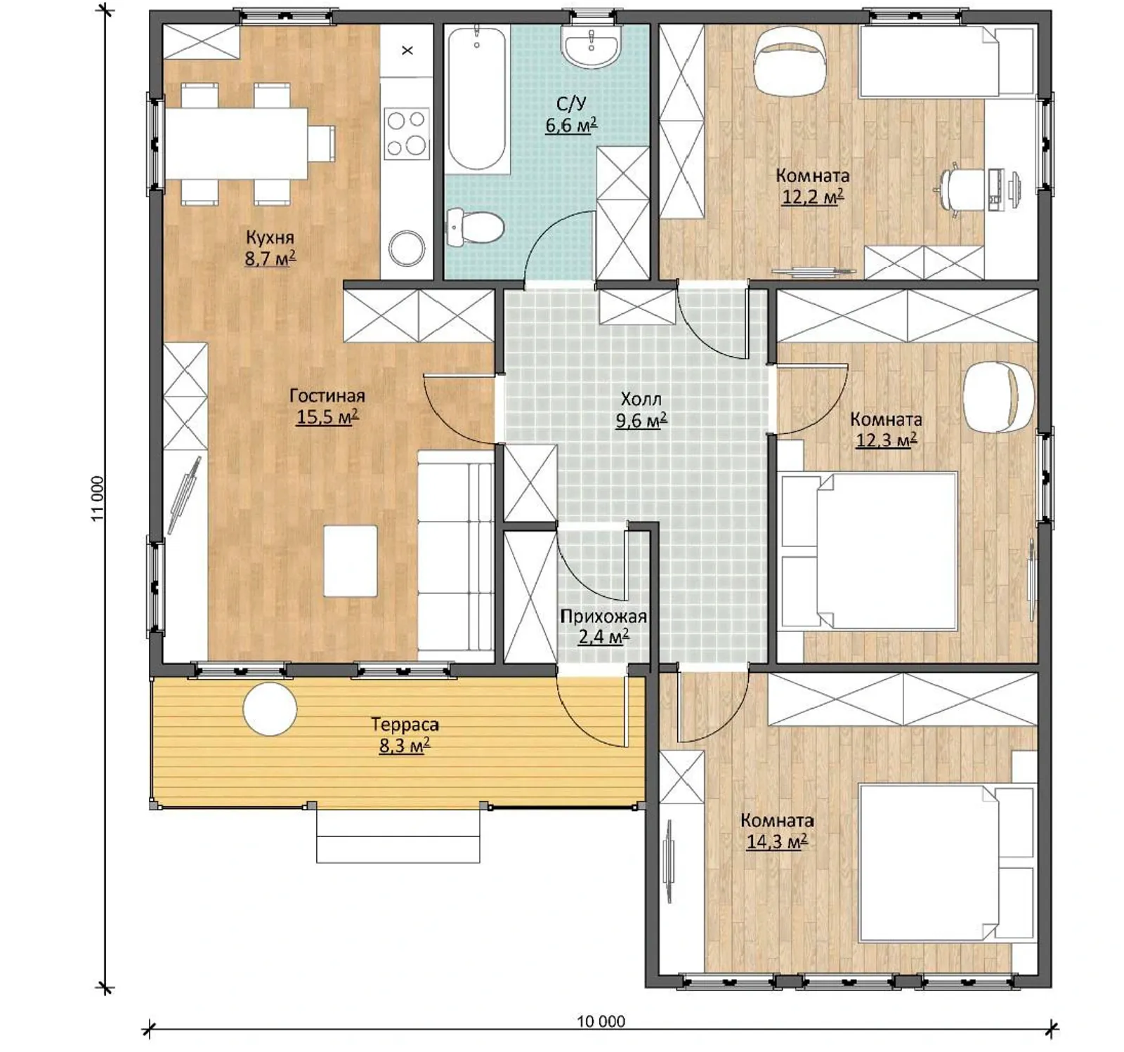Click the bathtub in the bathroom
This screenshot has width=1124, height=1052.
pyautogui.click(x=476, y=98)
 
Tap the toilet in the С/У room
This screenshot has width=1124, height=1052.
pyautogui.click(x=476, y=227)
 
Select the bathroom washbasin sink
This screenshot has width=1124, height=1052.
pyautogui.click(x=591, y=46)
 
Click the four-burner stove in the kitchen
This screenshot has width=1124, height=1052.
pyautogui.click(x=407, y=133)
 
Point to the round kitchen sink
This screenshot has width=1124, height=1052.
pyautogui.click(x=407, y=248)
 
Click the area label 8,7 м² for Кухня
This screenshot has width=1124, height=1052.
pyautogui.click(x=270, y=258)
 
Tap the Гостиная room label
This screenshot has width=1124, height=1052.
pyautogui.click(x=327, y=395)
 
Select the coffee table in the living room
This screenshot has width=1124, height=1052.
pyautogui.click(x=350, y=561)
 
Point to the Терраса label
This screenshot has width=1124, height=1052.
pyautogui.click(x=405, y=724)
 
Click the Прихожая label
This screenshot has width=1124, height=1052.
pyautogui.click(x=603, y=617)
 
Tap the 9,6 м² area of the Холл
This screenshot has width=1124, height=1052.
pyautogui.click(x=641, y=421)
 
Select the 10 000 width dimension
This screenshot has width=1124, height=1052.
pyautogui.click(x=601, y=1021)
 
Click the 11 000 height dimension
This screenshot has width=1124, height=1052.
pyautogui.click(x=98, y=499)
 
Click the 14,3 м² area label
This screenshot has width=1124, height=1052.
pyautogui.click(x=776, y=841)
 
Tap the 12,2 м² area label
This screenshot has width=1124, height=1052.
pyautogui.click(x=812, y=197)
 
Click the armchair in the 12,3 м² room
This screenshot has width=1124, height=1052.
pyautogui.click(x=998, y=396)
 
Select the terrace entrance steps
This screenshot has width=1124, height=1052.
pyautogui.click(x=398, y=835)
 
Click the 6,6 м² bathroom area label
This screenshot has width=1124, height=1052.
pyautogui.click(x=571, y=126)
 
